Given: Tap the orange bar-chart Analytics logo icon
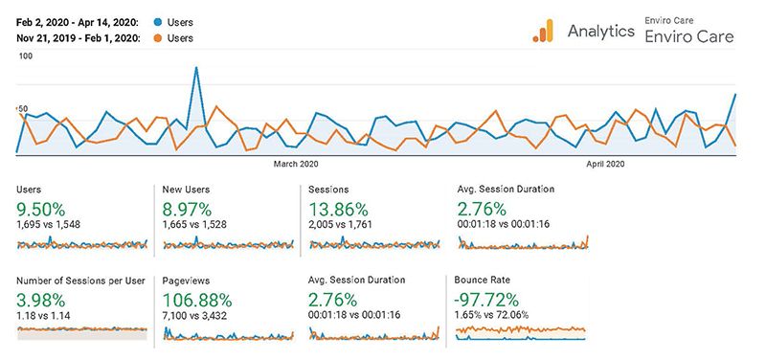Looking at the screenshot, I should tap(544, 32).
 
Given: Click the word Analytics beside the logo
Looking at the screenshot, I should tap(600, 31).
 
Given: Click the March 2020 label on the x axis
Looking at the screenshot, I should tap(296, 165).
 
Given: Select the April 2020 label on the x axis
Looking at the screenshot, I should tap(605, 165).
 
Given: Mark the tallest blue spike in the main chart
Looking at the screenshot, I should tap(196, 68).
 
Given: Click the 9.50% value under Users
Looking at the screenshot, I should tap(41, 208).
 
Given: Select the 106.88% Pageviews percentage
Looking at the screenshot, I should tap(199, 299).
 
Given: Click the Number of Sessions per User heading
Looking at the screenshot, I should tap(80, 281).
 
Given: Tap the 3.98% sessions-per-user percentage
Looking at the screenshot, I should tap(40, 299).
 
